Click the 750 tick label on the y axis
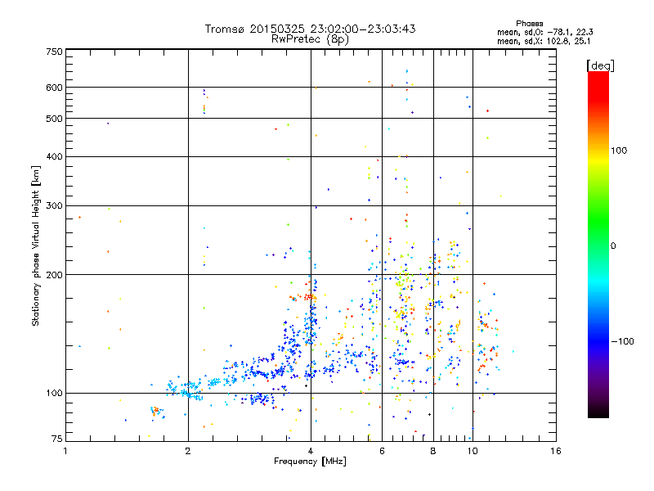54,52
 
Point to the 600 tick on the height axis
54,88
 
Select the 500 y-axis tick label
54,119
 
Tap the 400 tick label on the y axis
54,156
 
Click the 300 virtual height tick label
54,205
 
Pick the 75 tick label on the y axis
56,438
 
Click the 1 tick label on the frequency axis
66,451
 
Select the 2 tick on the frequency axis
188,451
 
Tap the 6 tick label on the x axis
383,451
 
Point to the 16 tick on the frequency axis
555,451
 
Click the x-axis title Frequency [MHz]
311,462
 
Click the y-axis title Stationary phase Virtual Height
36,245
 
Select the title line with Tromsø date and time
311,29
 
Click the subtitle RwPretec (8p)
311,38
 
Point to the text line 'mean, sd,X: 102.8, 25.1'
544,40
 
